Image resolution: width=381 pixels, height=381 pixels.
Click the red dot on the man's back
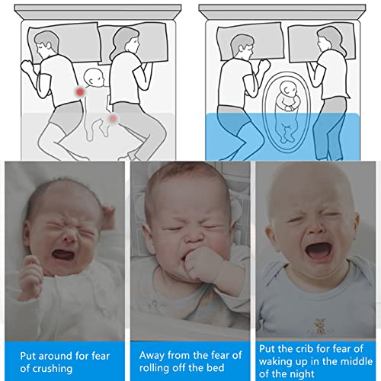tap(80, 91)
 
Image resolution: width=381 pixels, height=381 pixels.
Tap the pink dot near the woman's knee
tap(113, 118)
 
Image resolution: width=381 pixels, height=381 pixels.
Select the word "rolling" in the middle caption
tap(154, 367)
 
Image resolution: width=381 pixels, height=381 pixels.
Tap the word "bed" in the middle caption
tap(216, 367)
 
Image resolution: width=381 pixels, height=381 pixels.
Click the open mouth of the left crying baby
tap(63, 255)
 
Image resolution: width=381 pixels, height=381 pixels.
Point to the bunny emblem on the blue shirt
tap(319, 325)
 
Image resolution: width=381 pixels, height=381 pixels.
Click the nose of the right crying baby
tap(316, 229)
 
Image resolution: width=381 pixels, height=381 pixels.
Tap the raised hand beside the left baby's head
tap(107, 217)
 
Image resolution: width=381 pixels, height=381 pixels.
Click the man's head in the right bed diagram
tap(242, 47)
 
